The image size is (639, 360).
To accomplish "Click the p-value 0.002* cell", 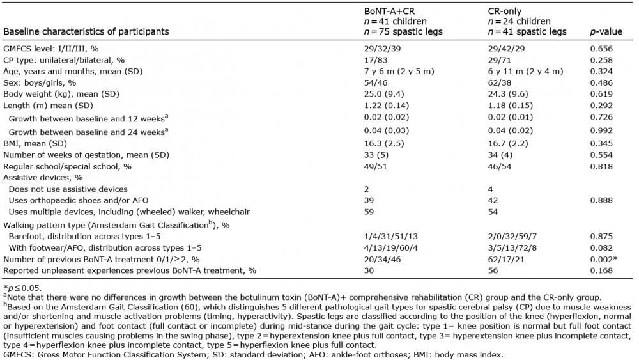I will tap(604, 258).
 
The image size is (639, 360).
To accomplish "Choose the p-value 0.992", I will tap(601, 132).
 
